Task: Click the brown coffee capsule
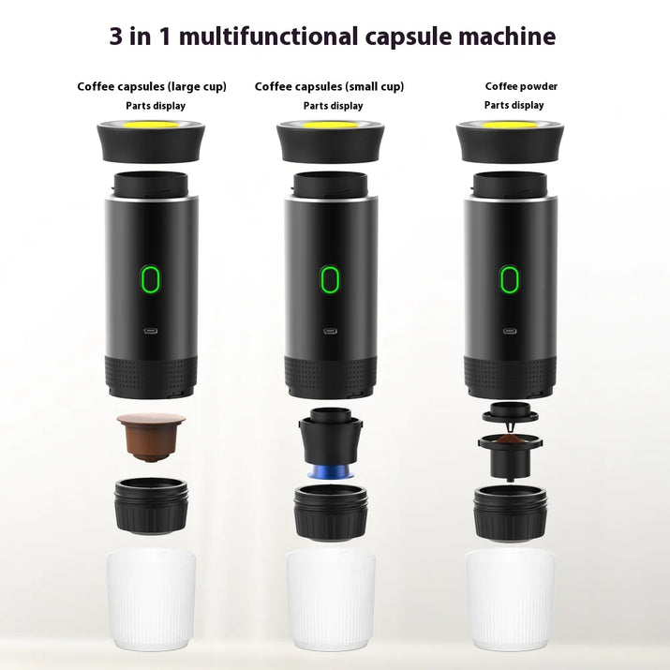pos(150,437)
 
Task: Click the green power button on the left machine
pos(150,278)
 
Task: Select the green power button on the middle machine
pos(329,278)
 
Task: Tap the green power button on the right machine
pos(509,278)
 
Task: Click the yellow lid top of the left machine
pos(150,125)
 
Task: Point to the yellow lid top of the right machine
pos(509,125)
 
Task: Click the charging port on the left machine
pos(150,331)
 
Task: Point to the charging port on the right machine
pos(509,331)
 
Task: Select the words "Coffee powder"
pos(521,87)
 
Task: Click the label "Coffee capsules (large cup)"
pos(152,87)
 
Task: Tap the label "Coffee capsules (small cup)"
pos(329,87)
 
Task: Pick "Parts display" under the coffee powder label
pos(514,105)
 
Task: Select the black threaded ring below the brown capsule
pos(150,506)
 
